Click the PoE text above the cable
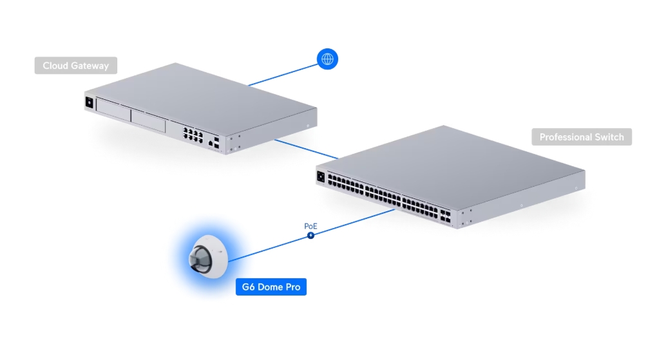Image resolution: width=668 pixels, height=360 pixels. (x=310, y=227)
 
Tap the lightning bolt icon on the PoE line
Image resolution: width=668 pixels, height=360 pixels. (x=311, y=236)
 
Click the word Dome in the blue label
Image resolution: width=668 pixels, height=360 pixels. (x=271, y=287)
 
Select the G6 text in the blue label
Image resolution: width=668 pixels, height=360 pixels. (x=249, y=287)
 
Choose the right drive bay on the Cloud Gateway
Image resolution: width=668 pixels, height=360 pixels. (x=149, y=120)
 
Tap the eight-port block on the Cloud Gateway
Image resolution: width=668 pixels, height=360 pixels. (x=193, y=135)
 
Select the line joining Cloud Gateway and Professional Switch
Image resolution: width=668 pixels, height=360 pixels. (x=306, y=149)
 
